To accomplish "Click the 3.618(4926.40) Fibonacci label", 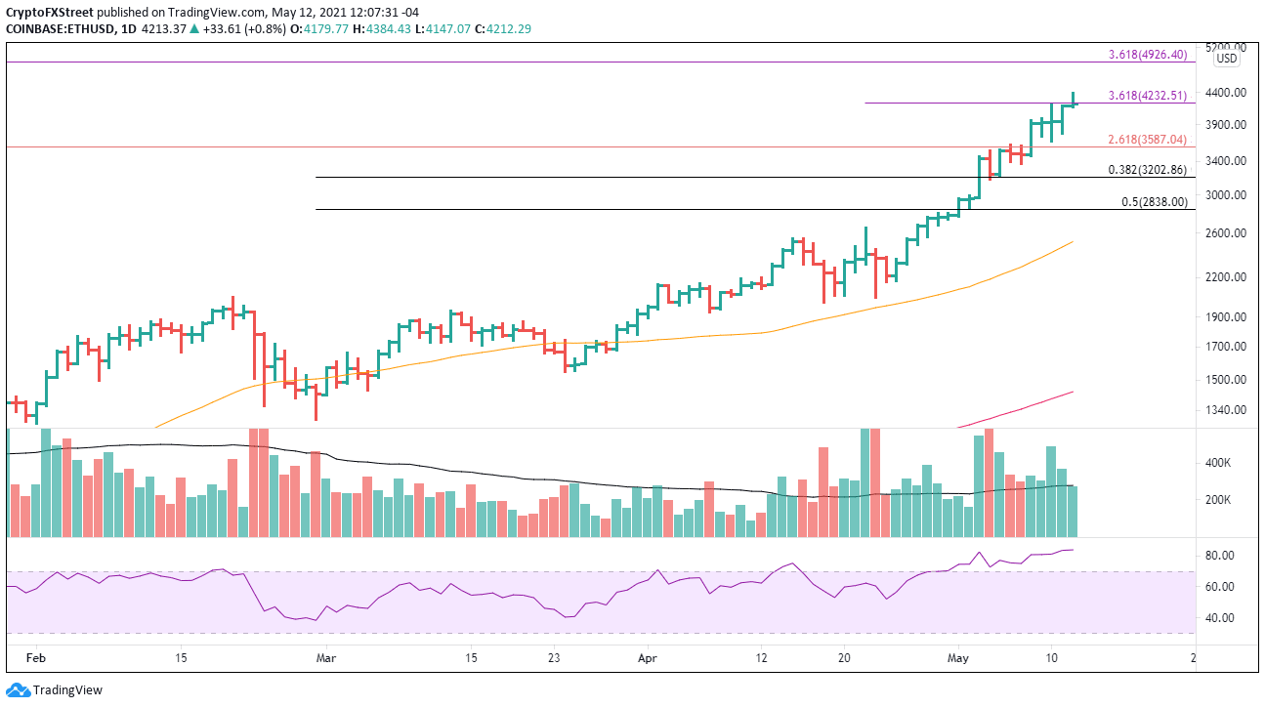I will point(1148,55).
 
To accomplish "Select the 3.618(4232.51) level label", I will point(1148,96).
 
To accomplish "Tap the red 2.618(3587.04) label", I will point(1148,140).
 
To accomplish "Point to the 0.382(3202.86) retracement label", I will point(1148,169).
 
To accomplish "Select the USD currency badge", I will point(1226,59).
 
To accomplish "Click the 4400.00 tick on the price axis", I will point(1226,93).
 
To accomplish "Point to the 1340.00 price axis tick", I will point(1226,410).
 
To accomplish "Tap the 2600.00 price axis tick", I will point(1226,233).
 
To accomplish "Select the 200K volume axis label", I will point(1220,501).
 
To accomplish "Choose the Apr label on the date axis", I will point(646,660).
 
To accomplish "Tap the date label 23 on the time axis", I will point(554,660).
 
